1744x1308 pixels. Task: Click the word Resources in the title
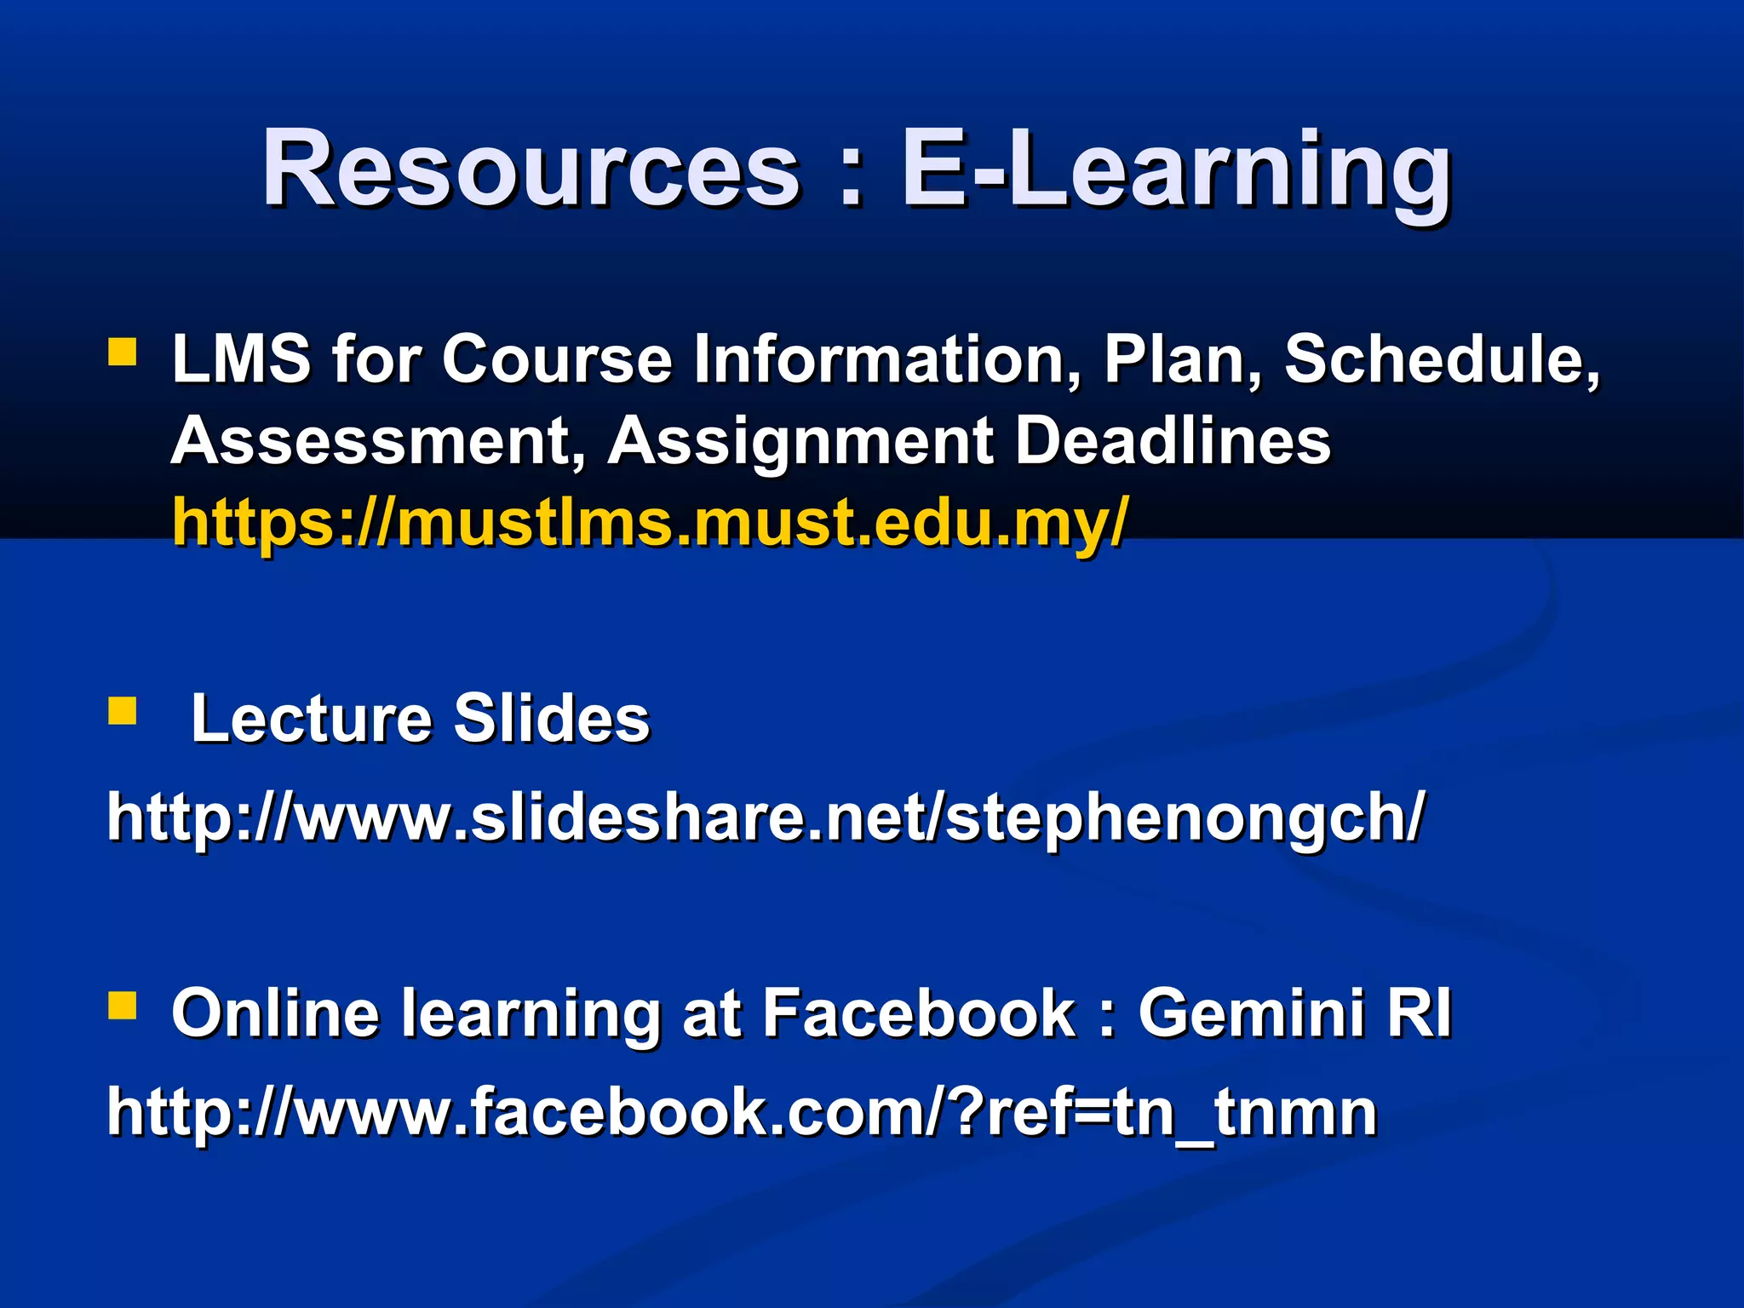click(x=531, y=169)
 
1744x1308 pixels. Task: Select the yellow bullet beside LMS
click(x=123, y=352)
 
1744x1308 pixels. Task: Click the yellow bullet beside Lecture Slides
click(x=123, y=710)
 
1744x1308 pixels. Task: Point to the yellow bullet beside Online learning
click(x=123, y=1006)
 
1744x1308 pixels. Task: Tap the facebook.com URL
click(x=742, y=1112)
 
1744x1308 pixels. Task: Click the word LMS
click(x=241, y=359)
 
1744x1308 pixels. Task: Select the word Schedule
click(x=1441, y=359)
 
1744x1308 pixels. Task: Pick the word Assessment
click(x=379, y=441)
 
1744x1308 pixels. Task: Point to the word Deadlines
click(x=1173, y=441)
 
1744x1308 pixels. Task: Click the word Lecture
click(x=311, y=719)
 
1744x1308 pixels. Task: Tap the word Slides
click(x=551, y=719)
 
